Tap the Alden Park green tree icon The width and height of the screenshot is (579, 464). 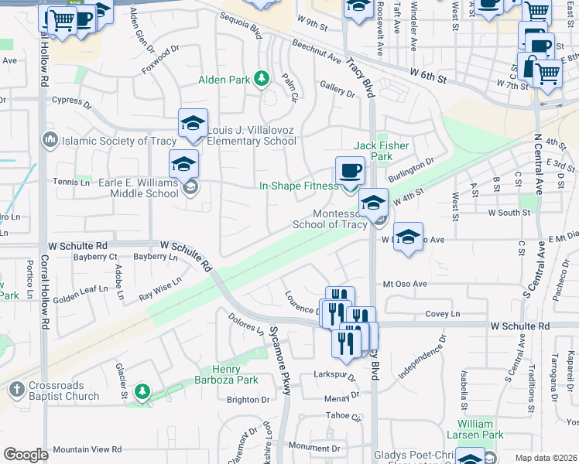pyautogui.click(x=262, y=79)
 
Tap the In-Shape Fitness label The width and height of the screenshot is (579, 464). pyautogui.click(x=298, y=186)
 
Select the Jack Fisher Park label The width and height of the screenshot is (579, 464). pyautogui.click(x=382, y=151)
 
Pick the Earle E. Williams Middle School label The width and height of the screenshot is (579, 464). pyautogui.click(x=128, y=188)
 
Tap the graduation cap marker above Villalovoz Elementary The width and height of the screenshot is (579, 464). pyautogui.click(x=193, y=124)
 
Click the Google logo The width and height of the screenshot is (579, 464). pyautogui.click(x=26, y=455)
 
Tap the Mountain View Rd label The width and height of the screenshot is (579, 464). pyautogui.click(x=87, y=449)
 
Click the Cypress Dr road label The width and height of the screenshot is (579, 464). pyautogui.click(x=71, y=101)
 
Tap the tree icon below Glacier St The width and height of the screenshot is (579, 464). pyautogui.click(x=142, y=391)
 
